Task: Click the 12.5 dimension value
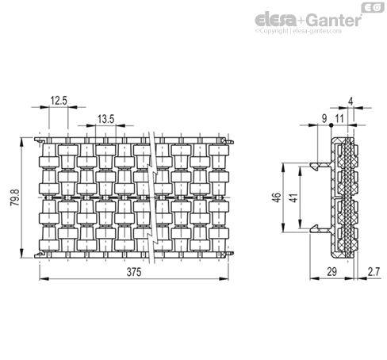[59, 101]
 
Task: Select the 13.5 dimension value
[105, 119]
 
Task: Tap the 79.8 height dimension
[15, 197]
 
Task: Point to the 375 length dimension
[134, 272]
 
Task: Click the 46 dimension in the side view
[276, 197]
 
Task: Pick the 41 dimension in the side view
[293, 197]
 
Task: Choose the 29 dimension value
[331, 272]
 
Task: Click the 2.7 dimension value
[374, 272]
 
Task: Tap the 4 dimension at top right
[351, 101]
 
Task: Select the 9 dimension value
[324, 119]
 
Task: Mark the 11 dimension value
[339, 119]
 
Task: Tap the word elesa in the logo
[275, 20]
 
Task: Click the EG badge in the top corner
[373, 7]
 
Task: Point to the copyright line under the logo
[298, 31]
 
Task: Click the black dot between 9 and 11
[331, 125]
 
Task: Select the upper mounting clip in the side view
[320, 166]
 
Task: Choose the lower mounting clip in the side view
[320, 229]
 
